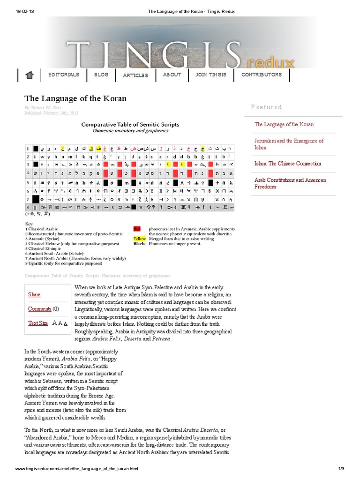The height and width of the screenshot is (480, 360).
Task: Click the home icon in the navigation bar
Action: [x=30, y=75]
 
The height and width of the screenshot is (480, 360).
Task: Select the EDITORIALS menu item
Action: [x=63, y=75]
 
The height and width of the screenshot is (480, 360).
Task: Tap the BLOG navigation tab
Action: [x=101, y=75]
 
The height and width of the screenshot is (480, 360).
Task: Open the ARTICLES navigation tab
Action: [x=135, y=75]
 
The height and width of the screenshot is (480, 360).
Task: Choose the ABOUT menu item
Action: [x=172, y=75]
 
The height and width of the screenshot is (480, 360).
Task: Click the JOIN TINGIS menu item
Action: [x=210, y=75]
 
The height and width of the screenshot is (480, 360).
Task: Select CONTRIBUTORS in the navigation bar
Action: [x=262, y=75]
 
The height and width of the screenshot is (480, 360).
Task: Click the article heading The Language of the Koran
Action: [x=75, y=99]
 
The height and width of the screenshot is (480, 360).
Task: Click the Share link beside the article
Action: [x=34, y=294]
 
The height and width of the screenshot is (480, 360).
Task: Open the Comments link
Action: [x=39, y=309]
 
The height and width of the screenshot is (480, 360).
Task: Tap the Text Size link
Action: [x=38, y=323]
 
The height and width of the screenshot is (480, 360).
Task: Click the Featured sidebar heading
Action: [x=266, y=107]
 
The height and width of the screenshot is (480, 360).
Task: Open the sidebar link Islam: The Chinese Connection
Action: [x=288, y=164]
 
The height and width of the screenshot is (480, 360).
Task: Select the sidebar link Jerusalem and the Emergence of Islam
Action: [x=289, y=144]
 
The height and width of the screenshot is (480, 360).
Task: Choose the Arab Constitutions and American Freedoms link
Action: [x=290, y=183]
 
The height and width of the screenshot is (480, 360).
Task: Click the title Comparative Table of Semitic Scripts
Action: [x=130, y=125]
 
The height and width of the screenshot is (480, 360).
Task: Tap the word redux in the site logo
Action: [x=275, y=62]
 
